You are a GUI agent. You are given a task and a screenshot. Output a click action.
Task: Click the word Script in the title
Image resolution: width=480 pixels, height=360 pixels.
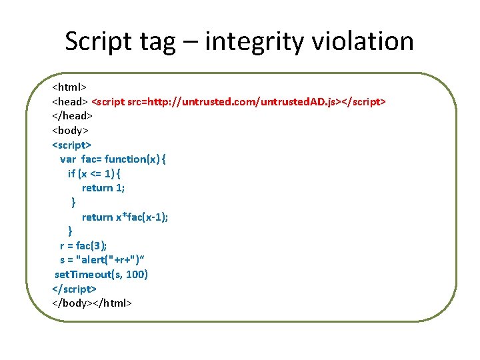point(99,41)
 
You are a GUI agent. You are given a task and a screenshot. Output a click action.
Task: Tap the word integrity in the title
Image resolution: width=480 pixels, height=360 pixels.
point(256,41)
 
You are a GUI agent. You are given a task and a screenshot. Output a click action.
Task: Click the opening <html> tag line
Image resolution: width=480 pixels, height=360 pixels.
point(70,87)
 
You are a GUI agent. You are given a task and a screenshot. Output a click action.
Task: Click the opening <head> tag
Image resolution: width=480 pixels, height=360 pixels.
point(70,101)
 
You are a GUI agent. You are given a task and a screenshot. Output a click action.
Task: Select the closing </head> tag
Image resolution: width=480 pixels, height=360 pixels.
point(72,115)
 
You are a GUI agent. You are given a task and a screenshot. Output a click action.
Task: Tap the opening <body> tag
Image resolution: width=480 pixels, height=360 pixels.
point(71,130)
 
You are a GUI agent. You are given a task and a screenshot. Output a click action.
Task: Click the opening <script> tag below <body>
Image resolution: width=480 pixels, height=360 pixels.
point(72,145)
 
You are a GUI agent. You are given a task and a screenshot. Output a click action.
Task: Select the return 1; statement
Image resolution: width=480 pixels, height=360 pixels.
point(103,188)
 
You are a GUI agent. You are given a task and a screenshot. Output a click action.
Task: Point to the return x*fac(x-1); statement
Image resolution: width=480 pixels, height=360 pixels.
point(125,217)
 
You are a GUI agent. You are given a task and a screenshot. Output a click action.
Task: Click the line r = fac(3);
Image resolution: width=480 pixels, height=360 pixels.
point(83,245)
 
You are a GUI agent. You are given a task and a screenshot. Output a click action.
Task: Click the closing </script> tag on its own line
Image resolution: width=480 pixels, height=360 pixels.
point(74,289)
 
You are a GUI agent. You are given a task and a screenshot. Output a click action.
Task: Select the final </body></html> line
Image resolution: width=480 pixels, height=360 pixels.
point(92,303)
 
